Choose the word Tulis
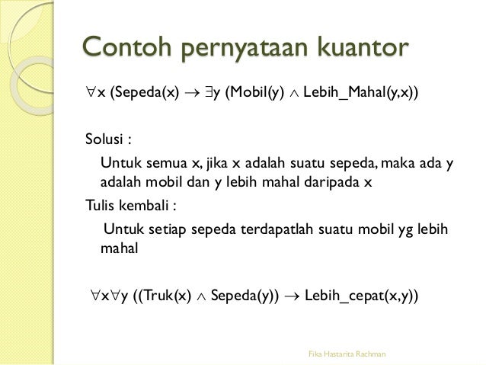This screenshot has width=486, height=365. [x=99, y=205]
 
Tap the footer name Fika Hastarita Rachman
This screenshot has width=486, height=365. [x=347, y=353]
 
